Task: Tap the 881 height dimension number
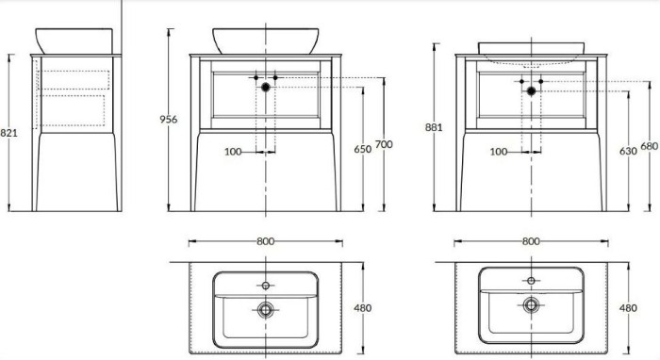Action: (435, 129)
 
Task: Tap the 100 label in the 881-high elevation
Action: (500, 151)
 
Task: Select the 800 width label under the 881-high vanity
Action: (530, 242)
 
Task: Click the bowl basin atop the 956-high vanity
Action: (265, 40)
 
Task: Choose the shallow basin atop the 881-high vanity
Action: (530, 48)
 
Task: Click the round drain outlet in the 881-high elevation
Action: (531, 90)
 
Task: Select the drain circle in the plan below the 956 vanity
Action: (266, 307)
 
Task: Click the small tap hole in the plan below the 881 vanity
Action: (531, 281)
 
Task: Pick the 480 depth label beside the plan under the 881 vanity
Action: (627, 307)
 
